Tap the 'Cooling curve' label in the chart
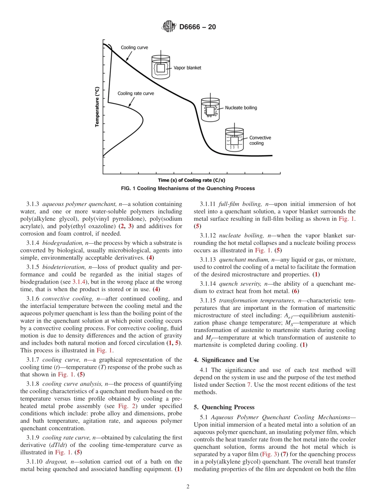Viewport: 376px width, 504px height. pos(134,48)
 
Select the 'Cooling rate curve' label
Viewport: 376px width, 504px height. pos(136,94)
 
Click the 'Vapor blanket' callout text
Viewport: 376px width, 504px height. pos(187,68)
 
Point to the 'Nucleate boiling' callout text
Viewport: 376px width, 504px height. pos(241,107)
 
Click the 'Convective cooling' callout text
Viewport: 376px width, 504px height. pos(260,140)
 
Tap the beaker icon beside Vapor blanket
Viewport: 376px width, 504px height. pos(161,68)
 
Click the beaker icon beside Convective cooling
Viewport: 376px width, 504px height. pos(234,140)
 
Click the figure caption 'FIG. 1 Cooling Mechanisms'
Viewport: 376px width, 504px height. pos(188,188)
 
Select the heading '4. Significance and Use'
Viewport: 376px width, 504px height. pos(226,360)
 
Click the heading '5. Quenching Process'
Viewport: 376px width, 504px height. pos(224,407)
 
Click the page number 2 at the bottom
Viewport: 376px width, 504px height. pos(188,487)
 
